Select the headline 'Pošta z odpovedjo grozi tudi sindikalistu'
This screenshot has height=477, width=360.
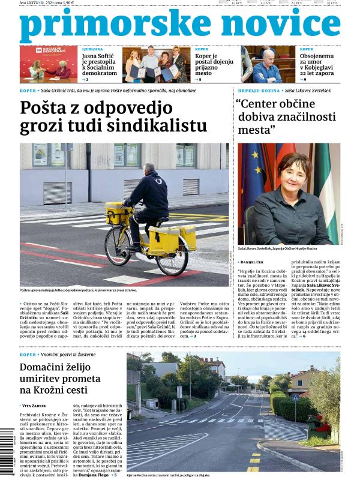tap(113, 117)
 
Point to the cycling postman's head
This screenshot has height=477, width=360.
tap(149, 169)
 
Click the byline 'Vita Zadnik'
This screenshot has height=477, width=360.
tap(36, 406)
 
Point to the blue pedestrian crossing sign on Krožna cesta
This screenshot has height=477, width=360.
tap(295, 397)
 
